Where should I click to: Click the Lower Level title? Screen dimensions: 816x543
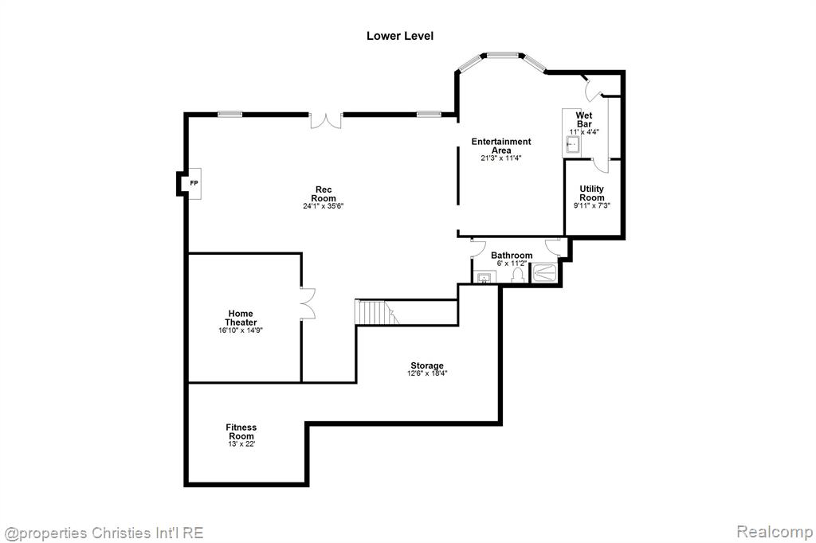coord(400,36)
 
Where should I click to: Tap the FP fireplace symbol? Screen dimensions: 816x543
coord(194,183)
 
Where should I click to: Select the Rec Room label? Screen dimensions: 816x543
coord(324,194)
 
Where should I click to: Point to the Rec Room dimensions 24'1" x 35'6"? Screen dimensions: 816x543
coord(324,206)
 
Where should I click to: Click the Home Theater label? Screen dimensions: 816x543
coord(241,318)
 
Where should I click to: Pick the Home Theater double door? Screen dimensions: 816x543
coord(308,303)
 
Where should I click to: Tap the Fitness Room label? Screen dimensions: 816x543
coord(241,432)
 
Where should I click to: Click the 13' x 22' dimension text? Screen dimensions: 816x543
coord(241,444)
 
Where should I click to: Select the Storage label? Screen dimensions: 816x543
coord(427,365)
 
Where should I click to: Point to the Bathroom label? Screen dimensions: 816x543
coord(512,256)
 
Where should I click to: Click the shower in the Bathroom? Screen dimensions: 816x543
coord(544,273)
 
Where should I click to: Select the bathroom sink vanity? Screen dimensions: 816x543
coord(484,277)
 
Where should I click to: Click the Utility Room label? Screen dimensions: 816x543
coord(592,193)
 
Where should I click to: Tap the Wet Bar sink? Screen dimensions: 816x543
coord(573,144)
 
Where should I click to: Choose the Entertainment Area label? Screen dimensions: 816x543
coord(501,146)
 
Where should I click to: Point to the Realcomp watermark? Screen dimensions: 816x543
coord(775,532)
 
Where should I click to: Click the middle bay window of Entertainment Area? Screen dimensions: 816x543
coord(503,54)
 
